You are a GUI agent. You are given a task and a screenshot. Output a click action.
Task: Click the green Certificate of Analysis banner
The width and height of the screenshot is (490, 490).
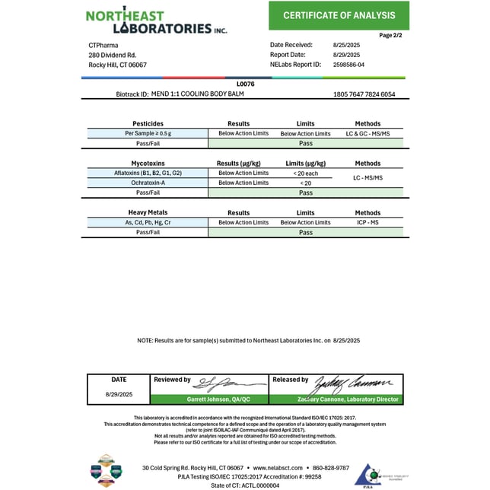[x=339, y=15]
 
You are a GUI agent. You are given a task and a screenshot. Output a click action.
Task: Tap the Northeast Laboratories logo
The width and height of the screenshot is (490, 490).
[x=156, y=21]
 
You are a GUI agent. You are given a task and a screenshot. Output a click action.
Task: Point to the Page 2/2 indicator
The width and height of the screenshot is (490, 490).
[x=393, y=35]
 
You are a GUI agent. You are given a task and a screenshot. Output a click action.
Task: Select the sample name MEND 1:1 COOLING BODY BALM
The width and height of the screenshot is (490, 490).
[x=190, y=94]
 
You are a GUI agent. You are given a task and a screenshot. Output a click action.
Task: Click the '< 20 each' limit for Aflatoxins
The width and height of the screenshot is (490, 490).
[x=306, y=173]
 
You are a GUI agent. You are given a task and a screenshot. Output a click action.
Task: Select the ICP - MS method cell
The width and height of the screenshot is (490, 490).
[x=367, y=222]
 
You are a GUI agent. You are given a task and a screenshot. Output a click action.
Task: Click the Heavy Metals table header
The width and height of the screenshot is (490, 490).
[x=147, y=212]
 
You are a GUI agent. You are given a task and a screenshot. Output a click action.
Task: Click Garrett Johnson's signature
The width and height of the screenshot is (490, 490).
[x=221, y=383]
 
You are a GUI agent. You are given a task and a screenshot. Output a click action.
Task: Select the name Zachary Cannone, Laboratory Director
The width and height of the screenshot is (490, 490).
[x=336, y=399]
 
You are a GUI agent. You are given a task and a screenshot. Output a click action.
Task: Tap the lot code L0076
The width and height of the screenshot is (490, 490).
[x=246, y=84]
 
